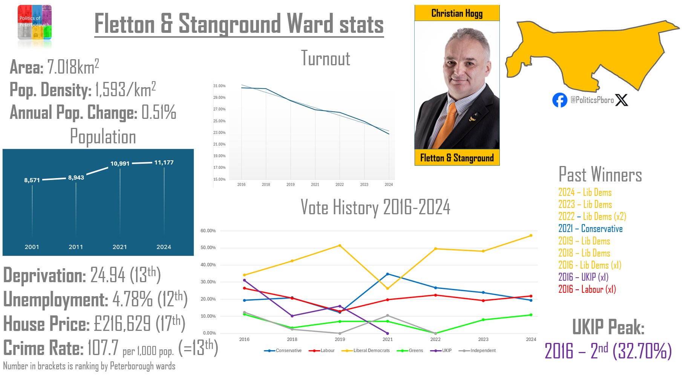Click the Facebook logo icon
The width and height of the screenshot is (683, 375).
tap(560, 100)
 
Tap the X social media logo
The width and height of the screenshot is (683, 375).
tap(622, 100)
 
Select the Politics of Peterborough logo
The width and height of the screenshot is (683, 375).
tap(34, 22)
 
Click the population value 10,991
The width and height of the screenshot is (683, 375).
tap(120, 164)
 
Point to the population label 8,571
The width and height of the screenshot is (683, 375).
tap(32, 180)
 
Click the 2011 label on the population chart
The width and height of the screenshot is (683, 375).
tap(76, 247)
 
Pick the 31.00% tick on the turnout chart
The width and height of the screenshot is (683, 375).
tap(219, 86)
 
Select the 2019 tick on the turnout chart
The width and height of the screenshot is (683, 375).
tap(290, 184)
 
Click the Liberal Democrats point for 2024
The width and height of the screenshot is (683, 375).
tap(531, 236)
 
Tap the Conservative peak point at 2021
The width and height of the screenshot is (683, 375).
tap(387, 274)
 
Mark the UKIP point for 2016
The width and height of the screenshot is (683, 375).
tap(244, 280)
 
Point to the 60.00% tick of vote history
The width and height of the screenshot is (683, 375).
tap(208, 231)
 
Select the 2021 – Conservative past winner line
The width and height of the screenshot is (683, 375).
tap(590, 229)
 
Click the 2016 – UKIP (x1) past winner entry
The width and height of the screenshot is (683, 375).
tap(583, 277)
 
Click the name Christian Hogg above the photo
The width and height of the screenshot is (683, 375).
tap(457, 14)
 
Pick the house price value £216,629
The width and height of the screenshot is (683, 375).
tap(123, 324)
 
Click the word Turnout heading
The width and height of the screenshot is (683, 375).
tap(326, 58)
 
